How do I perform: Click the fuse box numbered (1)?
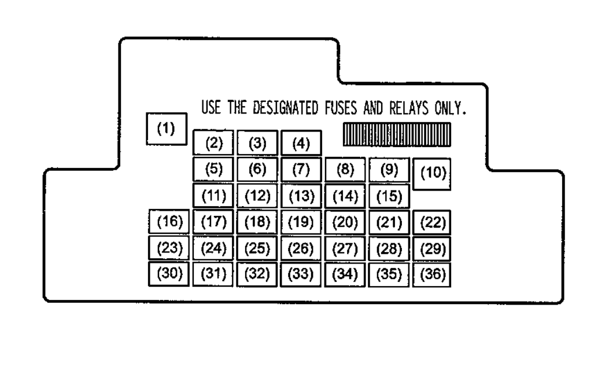coord(166,129)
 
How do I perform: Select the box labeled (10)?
coord(433,174)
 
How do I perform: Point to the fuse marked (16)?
coord(169,222)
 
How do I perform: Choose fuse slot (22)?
coord(433,222)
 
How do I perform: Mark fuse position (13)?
coord(301,196)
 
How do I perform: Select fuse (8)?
coord(345,170)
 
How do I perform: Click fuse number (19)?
coord(301,222)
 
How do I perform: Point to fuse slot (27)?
coord(345,248)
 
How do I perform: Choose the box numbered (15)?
coord(389,196)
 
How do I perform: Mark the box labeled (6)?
coord(257,170)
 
